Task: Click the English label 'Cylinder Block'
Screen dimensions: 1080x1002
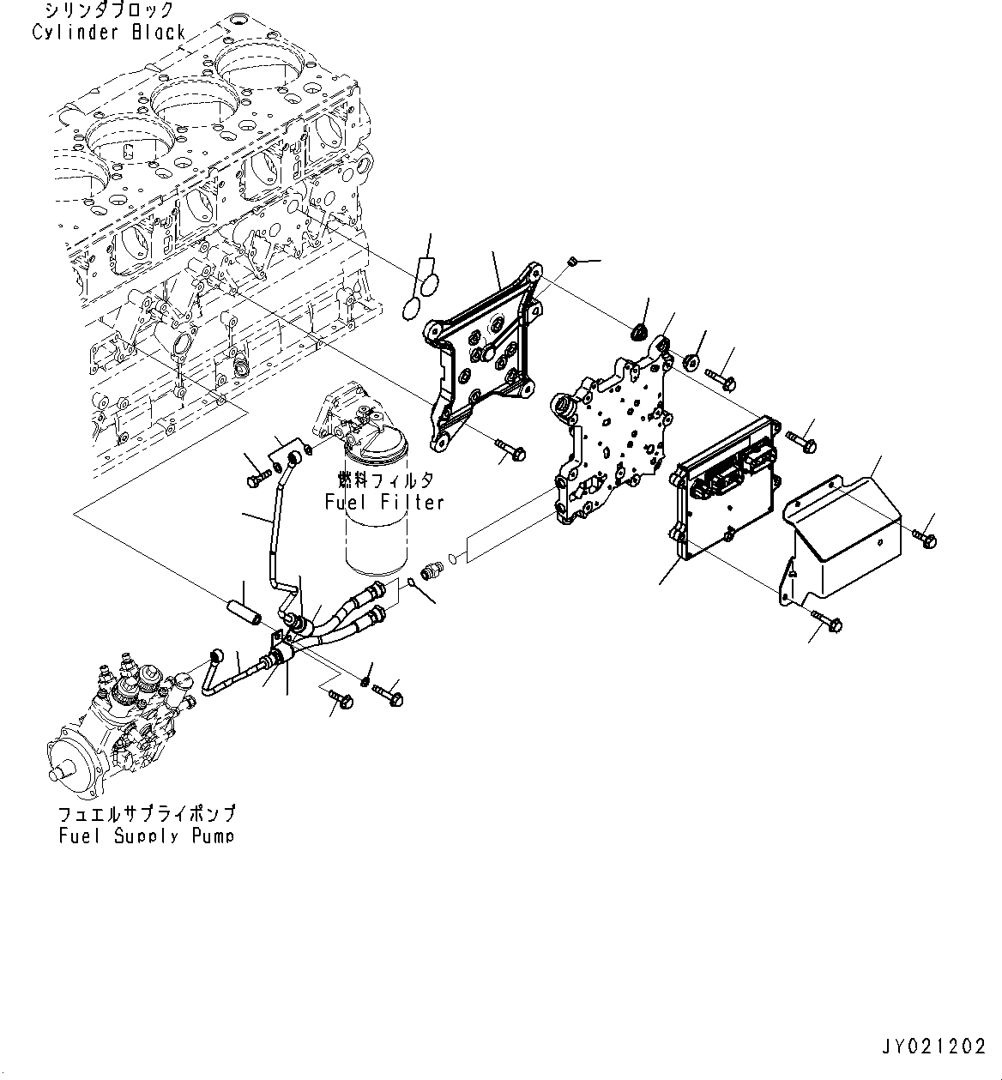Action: click(x=109, y=32)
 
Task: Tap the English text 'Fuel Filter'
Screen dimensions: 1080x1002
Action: click(x=384, y=502)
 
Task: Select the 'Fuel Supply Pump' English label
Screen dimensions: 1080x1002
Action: click(x=147, y=835)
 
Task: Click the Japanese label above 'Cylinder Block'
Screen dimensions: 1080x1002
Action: click(x=109, y=11)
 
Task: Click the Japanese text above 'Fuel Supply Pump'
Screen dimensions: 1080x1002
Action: click(x=147, y=813)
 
